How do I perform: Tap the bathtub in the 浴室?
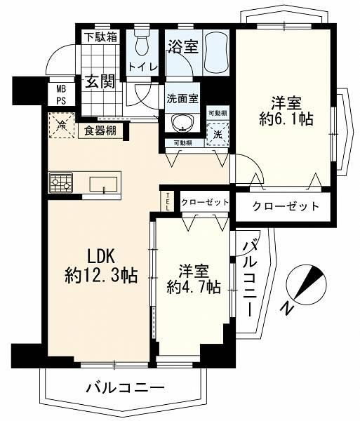[216, 53]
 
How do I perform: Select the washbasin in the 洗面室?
[183, 123]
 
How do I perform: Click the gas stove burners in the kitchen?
[60, 183]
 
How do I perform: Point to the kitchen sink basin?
[103, 184]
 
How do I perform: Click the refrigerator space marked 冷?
[62, 126]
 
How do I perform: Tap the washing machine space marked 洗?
[218, 135]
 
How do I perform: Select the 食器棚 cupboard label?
[100, 131]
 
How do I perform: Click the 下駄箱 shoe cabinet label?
[101, 37]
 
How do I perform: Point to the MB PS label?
[61, 94]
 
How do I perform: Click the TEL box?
[168, 201]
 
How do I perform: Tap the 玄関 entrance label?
[100, 81]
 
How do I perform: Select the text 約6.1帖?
[286, 119]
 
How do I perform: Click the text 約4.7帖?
[194, 287]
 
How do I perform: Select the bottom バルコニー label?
[125, 388]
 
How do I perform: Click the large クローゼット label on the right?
[286, 206]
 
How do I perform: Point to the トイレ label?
[142, 67]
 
